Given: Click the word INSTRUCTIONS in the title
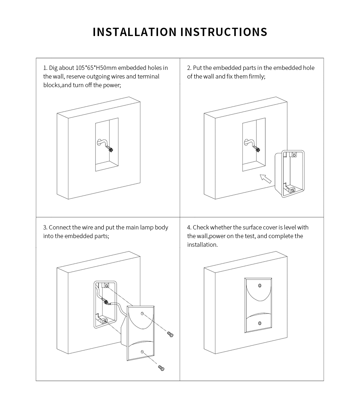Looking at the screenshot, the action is [224, 32].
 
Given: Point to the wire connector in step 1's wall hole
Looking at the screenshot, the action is [111, 149].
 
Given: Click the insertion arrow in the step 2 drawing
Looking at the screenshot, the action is [266, 179].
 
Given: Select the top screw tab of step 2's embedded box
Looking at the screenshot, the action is [294, 155].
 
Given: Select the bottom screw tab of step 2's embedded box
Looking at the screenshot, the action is [292, 190].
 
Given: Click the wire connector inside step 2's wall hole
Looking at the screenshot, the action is [257, 149].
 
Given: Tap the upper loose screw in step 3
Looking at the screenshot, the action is [170, 334].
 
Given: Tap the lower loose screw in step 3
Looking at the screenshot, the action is [161, 368].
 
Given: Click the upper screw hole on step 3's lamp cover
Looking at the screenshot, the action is [142, 313].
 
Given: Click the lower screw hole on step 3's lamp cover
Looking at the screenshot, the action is [142, 352].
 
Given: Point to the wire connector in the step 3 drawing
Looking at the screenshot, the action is [106, 302].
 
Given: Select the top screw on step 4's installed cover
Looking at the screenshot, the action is [260, 286].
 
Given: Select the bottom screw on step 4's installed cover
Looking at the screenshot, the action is [260, 324].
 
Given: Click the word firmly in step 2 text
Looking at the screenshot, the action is [257, 76].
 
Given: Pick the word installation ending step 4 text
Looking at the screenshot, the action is [202, 245].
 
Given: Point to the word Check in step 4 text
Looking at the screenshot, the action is [201, 227].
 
